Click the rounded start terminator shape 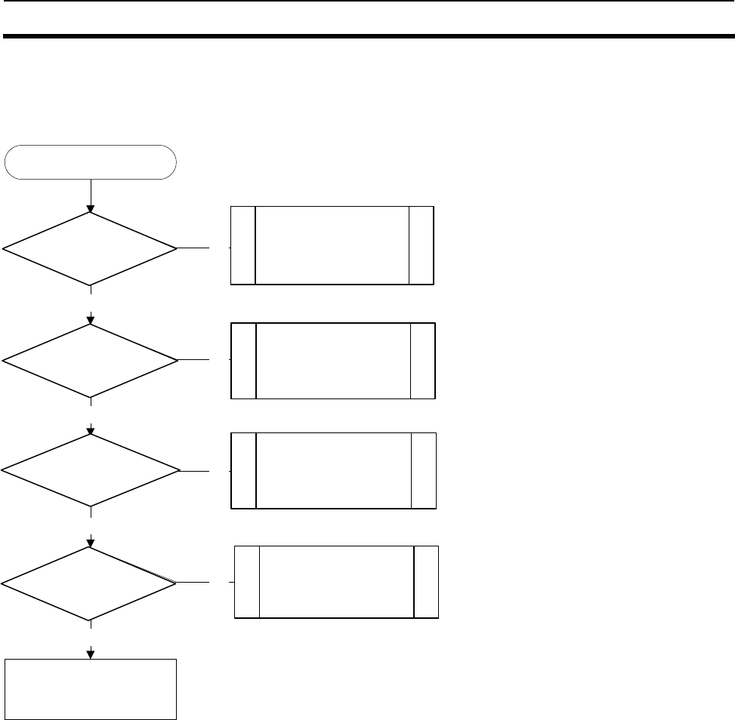click(x=91, y=162)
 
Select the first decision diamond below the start click(x=91, y=248)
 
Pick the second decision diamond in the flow click(x=91, y=361)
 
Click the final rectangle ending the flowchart click(x=91, y=688)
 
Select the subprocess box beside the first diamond click(x=332, y=245)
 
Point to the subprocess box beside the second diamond click(x=333, y=360)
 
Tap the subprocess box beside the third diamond click(x=334, y=470)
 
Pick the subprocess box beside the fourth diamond click(x=337, y=582)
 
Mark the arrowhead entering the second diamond click(x=91, y=319)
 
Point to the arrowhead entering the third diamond click(x=91, y=430)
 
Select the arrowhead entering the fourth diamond click(x=91, y=542)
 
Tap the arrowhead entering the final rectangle click(x=91, y=654)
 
